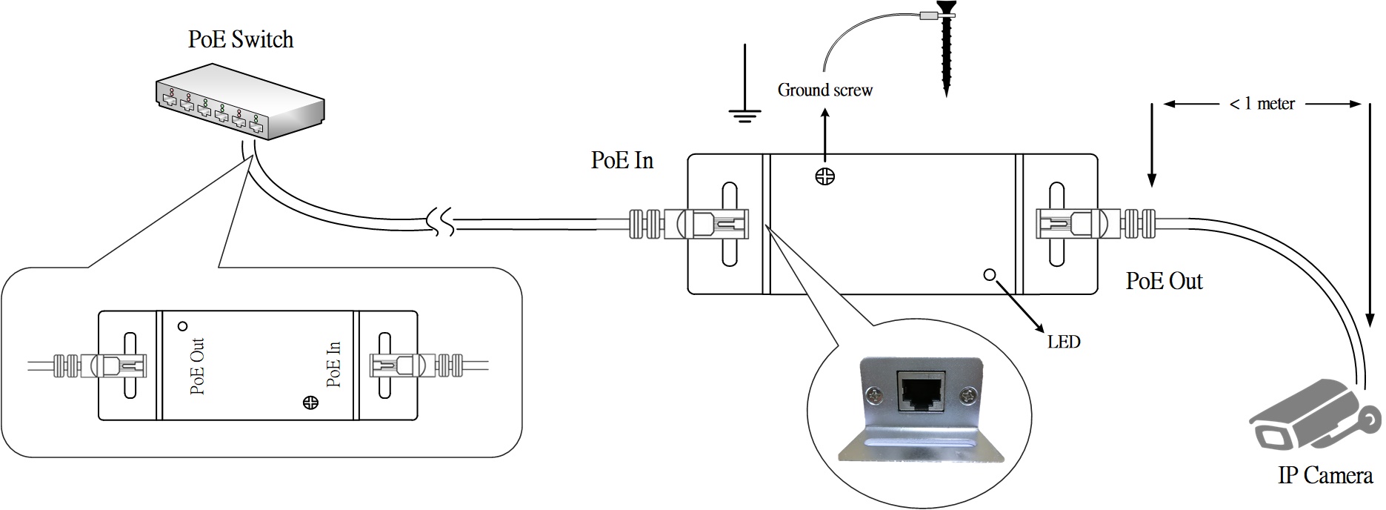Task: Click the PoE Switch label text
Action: (241, 39)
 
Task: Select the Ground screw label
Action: (824, 90)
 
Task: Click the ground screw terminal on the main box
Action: (825, 176)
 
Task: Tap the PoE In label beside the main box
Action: (622, 160)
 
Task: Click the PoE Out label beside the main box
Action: (1164, 281)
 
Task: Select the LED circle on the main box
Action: (989, 275)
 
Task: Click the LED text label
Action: (1064, 342)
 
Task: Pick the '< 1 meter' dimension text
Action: (1262, 104)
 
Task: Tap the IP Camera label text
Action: (1325, 475)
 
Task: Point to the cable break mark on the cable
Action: (442, 221)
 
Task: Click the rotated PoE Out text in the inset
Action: (198, 366)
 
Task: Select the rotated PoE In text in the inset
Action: (334, 364)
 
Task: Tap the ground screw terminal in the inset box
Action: (311, 403)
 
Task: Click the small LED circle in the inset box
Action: (181, 325)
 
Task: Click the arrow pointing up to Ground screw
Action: (825, 133)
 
